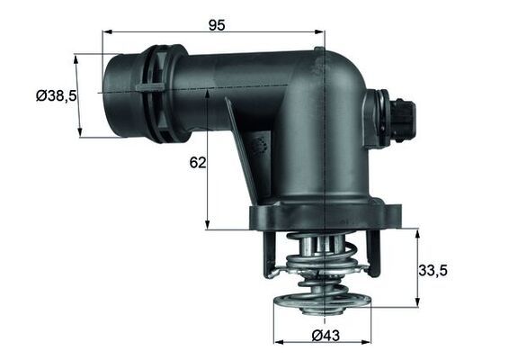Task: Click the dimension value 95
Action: coord(216,24)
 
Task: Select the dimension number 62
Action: coord(199,162)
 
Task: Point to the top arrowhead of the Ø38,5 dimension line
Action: coord(76,57)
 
